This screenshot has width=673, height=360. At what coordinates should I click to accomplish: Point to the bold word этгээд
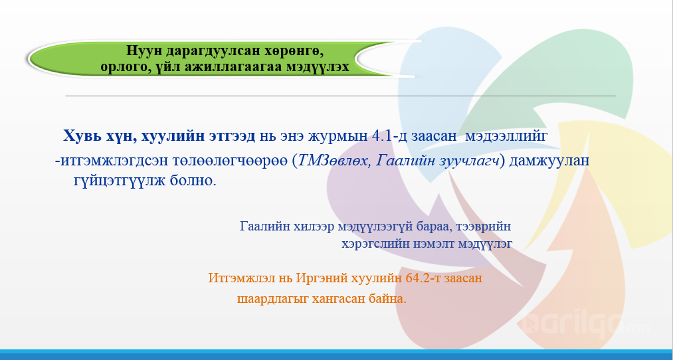coord(233,137)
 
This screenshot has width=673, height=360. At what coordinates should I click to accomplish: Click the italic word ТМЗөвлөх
coord(334,161)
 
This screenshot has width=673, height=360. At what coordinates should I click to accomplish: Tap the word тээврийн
coord(484,226)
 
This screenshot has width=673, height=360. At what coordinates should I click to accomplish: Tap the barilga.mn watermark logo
coord(587,324)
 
